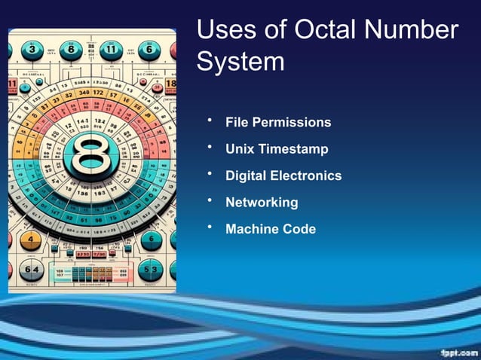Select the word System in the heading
[x=240, y=61]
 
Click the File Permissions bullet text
[x=278, y=122]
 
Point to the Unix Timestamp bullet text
[x=277, y=149]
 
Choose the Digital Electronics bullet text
[x=283, y=175]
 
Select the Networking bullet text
[x=262, y=203]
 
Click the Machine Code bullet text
[x=271, y=229]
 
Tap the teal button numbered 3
[x=32, y=50]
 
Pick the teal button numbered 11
[x=113, y=50]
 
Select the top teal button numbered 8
[x=72, y=50]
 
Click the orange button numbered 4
[x=30, y=241]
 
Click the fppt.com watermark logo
[x=456, y=352]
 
